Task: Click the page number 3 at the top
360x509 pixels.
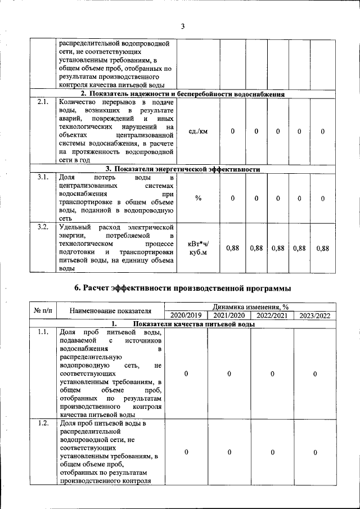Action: click(183, 26)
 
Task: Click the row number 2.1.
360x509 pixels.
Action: click(43, 102)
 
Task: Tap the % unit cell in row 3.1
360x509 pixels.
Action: click(198, 198)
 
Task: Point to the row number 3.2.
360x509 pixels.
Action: click(43, 227)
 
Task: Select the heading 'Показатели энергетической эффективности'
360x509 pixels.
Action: click(183, 169)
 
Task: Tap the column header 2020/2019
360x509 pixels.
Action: click(186, 316)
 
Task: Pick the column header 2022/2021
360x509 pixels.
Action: click(272, 316)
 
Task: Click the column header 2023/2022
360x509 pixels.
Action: click(315, 316)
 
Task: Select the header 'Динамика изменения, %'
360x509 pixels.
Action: click(250, 307)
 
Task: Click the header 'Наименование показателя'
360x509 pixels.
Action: click(111, 311)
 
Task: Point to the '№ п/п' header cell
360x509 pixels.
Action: click(43, 311)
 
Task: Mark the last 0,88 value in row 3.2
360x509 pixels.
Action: click(322, 248)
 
